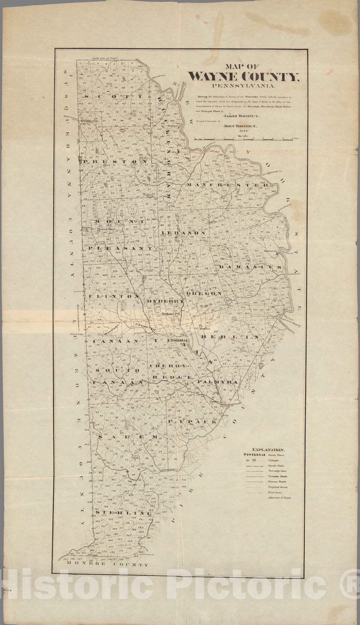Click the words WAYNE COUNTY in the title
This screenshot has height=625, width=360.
point(244,76)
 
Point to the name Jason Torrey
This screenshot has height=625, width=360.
point(235,116)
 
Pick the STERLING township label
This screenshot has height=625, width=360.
point(121,512)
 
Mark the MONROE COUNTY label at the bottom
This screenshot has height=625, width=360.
point(107,565)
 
